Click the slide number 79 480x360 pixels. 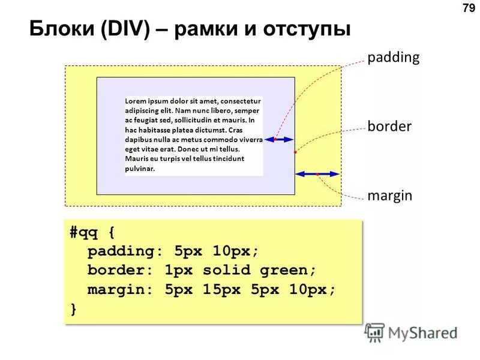click(468, 8)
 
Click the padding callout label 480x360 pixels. click(393, 58)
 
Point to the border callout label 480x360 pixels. click(389, 127)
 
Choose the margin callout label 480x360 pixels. click(389, 196)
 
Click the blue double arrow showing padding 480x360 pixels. click(280, 139)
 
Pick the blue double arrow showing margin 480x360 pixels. click(317, 174)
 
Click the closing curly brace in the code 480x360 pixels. click(73, 308)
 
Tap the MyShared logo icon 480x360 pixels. click(375, 332)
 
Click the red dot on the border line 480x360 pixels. click(295, 152)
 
